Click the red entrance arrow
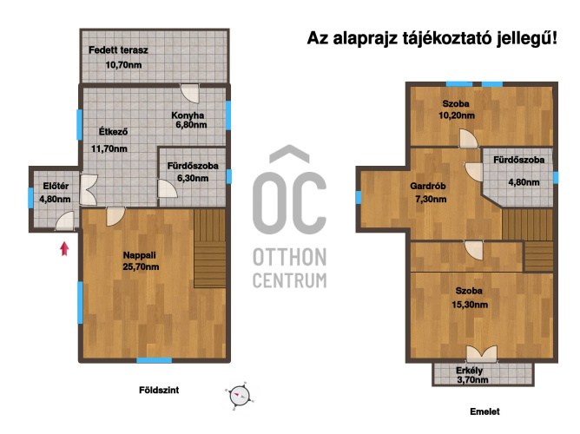coord(65,249)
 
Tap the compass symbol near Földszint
coord(239,396)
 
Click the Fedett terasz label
coord(118,49)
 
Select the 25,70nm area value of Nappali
coord(141,266)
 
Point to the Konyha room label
coord(188,115)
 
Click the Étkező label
coord(113,132)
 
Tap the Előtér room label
coord(56,186)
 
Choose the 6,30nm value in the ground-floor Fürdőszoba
coord(193,178)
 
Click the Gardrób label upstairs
coord(428,186)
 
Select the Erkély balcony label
coord(470,371)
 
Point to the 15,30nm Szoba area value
coord(470,305)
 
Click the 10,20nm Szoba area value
coord(457,115)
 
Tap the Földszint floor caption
coord(159,390)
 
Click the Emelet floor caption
coord(485,411)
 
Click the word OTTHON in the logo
coord(290,257)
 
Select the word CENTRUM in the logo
coord(290,280)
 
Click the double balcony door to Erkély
coord(482,354)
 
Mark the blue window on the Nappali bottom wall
coord(155,360)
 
